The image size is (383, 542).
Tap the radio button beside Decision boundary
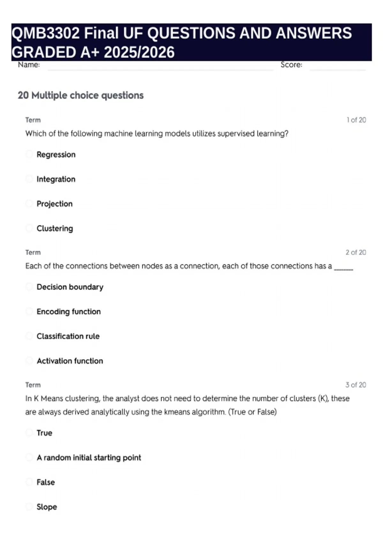pyautogui.click(x=29, y=287)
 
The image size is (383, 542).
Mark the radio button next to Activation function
pyautogui.click(x=29, y=361)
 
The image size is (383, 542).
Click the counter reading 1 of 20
pyautogui.click(x=356, y=120)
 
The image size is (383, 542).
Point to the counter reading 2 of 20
pyautogui.click(x=356, y=252)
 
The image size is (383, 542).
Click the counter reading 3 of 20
pyautogui.click(x=356, y=385)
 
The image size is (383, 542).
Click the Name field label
pyautogui.click(x=29, y=65)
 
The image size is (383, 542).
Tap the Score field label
pyautogui.click(x=291, y=65)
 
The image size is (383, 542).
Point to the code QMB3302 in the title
pyautogui.click(x=45, y=33)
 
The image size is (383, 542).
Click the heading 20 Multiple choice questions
pyautogui.click(x=81, y=95)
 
